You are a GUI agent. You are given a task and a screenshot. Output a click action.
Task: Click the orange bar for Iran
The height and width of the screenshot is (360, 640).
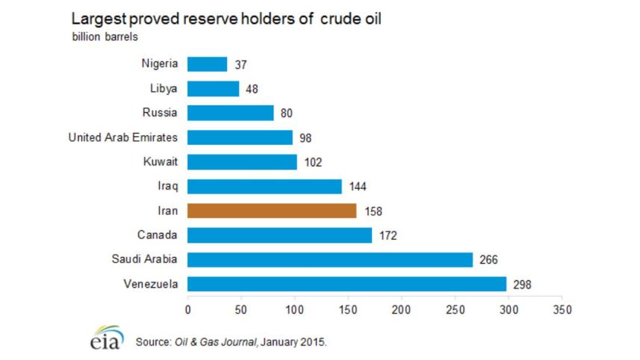coord(272,211)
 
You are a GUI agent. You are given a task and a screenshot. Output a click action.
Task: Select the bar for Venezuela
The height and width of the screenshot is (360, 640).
coord(347,284)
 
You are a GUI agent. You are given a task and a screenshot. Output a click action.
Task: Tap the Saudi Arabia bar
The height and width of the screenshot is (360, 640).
coord(330,259)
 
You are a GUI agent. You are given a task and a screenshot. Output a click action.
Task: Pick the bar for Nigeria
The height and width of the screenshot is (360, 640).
coord(207,64)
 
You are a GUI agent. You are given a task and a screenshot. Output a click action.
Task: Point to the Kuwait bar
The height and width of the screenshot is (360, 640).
coord(242,162)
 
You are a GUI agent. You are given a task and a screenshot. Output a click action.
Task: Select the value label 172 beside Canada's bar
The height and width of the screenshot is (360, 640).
coord(388,235)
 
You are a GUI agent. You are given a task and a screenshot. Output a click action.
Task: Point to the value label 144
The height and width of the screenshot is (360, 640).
coord(358,187)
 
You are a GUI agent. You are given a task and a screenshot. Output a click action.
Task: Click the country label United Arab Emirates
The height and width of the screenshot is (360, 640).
coord(123,137)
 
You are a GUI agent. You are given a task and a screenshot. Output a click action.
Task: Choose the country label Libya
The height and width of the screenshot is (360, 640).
coord(163,89)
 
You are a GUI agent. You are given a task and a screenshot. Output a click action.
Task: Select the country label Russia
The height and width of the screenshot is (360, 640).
coord(159,113)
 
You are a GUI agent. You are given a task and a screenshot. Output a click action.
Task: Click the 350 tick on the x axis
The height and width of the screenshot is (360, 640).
coord(562,308)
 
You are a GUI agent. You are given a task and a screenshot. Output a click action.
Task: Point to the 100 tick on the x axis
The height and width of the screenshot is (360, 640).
coord(294,308)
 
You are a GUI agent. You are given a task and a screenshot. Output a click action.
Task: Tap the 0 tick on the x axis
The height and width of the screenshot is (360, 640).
coord(187,308)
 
